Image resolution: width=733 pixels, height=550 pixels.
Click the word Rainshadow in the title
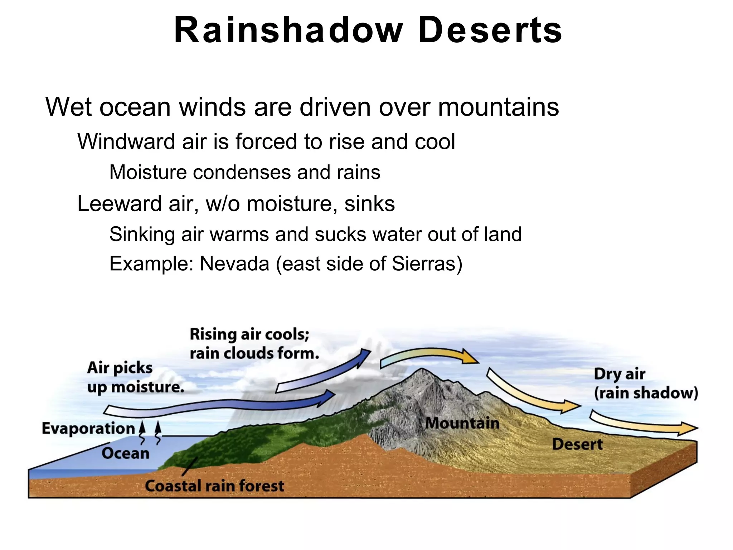click(288, 31)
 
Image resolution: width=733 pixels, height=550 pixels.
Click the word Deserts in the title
click(490, 31)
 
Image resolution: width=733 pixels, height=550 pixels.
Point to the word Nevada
click(234, 264)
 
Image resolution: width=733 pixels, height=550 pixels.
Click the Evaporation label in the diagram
click(88, 429)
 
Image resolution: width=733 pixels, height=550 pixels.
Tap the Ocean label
click(125, 453)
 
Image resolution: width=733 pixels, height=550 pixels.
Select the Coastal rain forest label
click(214, 486)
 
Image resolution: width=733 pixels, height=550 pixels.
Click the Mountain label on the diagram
click(462, 423)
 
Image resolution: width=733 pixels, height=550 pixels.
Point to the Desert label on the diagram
click(577, 444)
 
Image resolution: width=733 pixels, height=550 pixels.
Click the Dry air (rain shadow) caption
click(645, 383)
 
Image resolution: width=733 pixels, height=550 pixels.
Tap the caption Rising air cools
click(249, 334)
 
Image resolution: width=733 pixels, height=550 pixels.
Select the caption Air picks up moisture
click(135, 377)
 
